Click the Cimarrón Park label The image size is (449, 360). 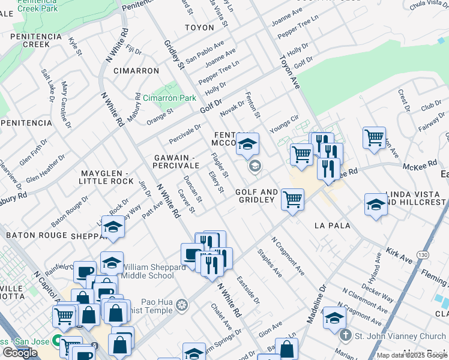pos(169,97)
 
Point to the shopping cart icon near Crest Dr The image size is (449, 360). pos(374,137)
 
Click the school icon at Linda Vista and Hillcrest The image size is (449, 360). pos(376,204)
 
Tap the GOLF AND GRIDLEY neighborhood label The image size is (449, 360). pos(256,196)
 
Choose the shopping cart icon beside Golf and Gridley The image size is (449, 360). pos(292,199)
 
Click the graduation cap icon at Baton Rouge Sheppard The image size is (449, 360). pos(112,227)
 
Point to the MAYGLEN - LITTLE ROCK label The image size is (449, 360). pos(107,177)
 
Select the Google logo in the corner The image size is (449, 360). pos(20,353)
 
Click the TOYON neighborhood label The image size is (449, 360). pos(199,28)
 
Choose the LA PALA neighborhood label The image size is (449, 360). pos(332,226)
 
